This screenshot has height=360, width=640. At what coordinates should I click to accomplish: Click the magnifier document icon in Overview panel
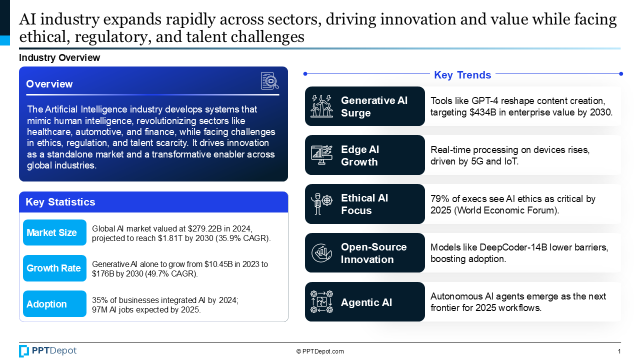pyautogui.click(x=269, y=81)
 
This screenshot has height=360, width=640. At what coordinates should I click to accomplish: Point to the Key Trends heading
pyautogui.click(x=462, y=75)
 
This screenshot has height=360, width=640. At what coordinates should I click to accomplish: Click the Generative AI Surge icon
pyautogui.click(x=321, y=106)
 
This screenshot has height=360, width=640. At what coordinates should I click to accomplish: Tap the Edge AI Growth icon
pyautogui.click(x=321, y=155)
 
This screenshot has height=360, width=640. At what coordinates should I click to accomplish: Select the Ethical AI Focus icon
pyautogui.click(x=321, y=204)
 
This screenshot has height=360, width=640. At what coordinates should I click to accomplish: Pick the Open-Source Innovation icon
pyautogui.click(x=321, y=253)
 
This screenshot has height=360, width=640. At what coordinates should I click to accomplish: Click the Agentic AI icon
pyautogui.click(x=321, y=302)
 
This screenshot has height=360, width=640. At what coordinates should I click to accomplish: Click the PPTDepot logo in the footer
pyautogui.click(x=48, y=351)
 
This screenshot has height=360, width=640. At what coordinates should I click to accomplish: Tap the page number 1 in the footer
pyautogui.click(x=619, y=351)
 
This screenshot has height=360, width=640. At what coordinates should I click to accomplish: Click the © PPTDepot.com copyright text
pyautogui.click(x=320, y=351)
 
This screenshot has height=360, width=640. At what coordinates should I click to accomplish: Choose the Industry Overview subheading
pyautogui.click(x=59, y=58)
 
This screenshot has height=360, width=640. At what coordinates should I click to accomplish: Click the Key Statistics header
pyautogui.click(x=60, y=202)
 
